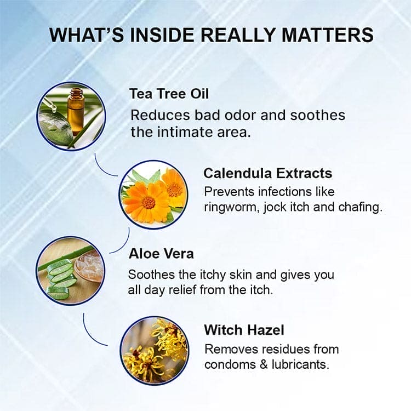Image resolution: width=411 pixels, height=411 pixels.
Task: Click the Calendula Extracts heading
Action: (x=267, y=173)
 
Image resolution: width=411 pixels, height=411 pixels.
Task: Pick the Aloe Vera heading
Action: (x=161, y=254)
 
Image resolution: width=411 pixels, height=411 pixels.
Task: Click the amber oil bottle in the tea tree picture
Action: (x=75, y=109)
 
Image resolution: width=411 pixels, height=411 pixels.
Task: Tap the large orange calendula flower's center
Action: (x=149, y=202)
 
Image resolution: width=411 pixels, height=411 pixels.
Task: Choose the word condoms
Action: (x=230, y=364)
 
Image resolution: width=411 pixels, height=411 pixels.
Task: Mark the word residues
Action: (x=281, y=349)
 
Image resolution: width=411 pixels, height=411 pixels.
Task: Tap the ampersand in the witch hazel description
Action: (x=260, y=364)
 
